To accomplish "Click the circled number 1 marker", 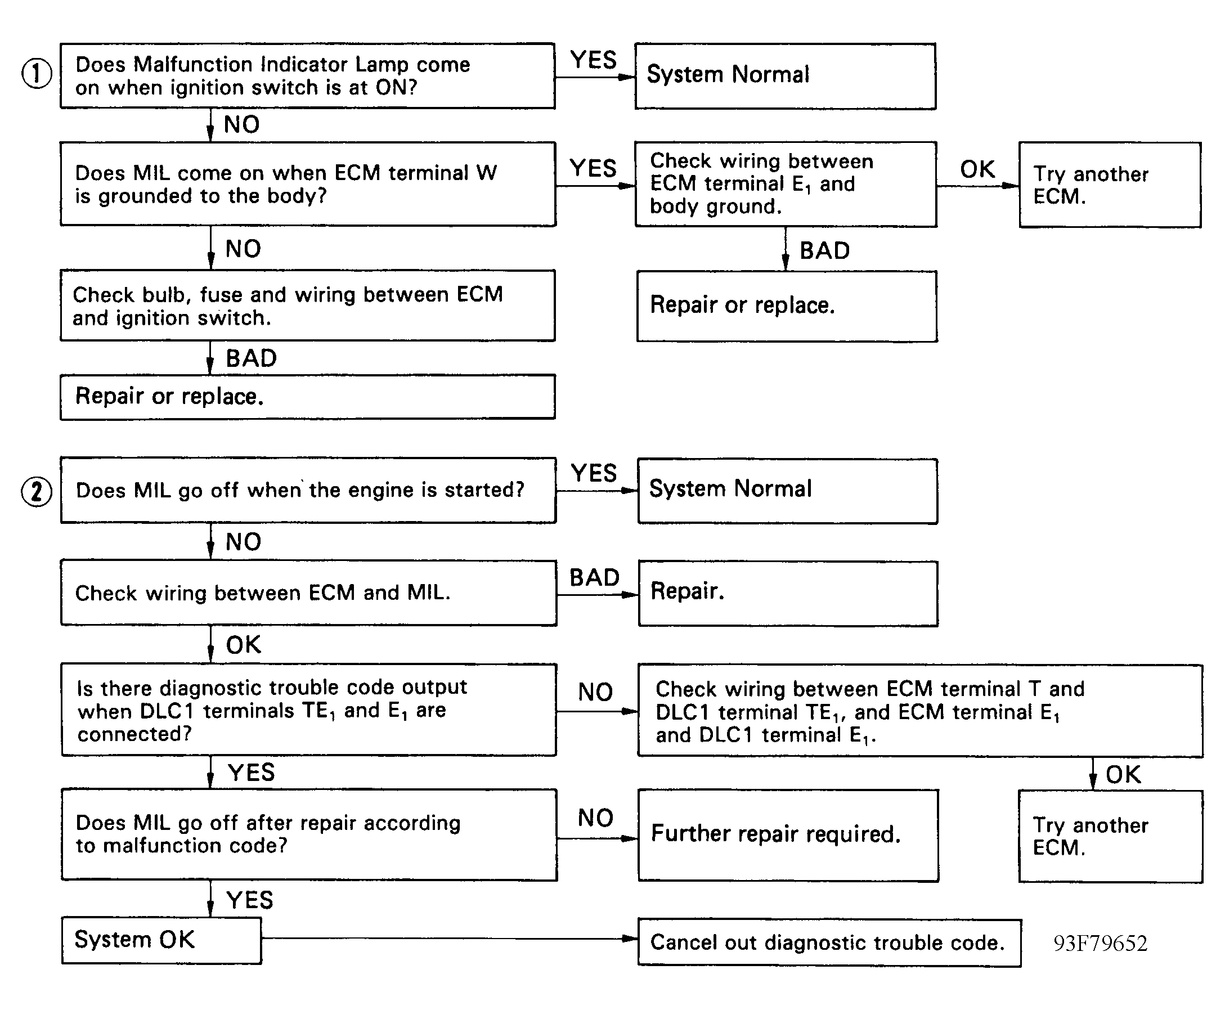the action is point(37,74).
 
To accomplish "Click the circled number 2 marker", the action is point(37,492).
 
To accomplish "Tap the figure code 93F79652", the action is point(1100,943).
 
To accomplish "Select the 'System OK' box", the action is point(161,940).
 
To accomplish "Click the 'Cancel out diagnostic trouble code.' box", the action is point(829,942).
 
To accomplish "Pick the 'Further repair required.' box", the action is point(788,835).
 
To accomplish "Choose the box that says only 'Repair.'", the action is point(788,594).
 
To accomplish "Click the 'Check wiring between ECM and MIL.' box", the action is point(309,593).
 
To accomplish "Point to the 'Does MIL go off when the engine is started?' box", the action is point(308,491).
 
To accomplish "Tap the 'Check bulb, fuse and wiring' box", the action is point(308,306).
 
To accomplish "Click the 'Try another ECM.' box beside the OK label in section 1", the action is point(1110,185).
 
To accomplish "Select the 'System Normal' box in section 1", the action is point(786,75).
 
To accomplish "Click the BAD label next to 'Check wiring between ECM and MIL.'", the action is point(594,578).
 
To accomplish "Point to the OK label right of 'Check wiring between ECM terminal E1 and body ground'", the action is point(977,169).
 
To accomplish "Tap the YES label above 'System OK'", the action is point(250,900).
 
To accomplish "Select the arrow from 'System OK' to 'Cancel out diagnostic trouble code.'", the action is point(450,939).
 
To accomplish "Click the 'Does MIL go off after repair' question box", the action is point(309,834).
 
